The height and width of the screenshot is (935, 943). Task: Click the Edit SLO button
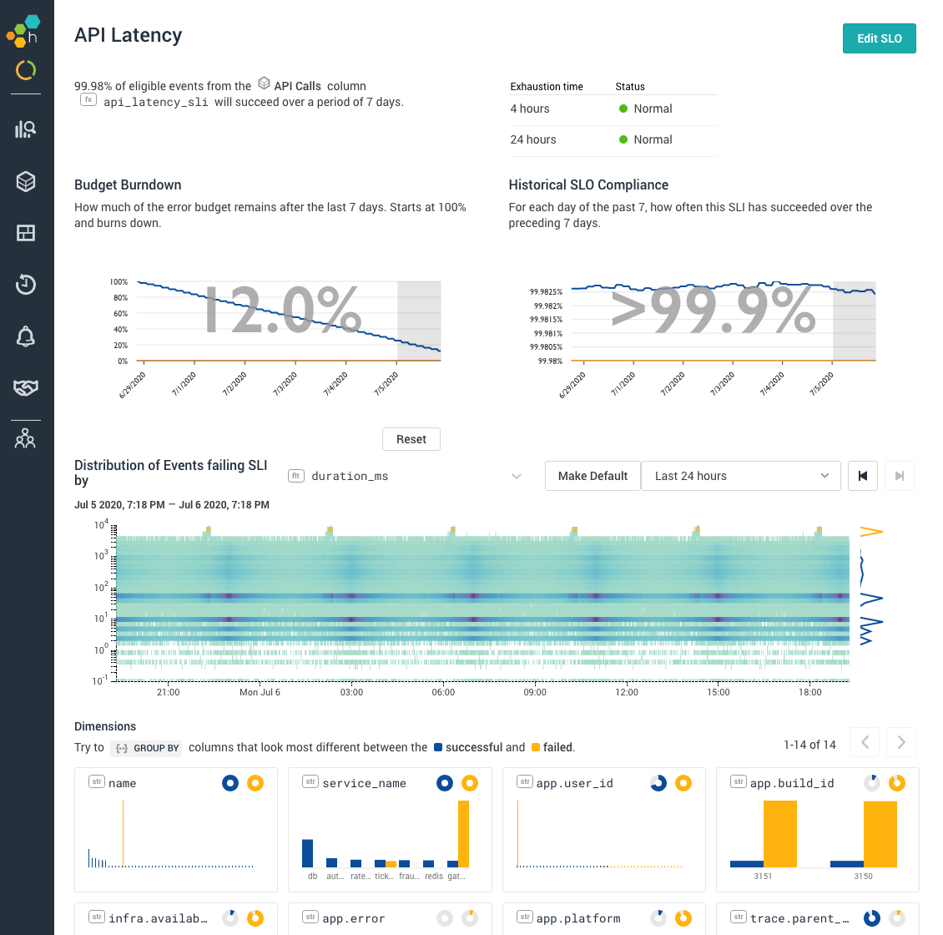879,38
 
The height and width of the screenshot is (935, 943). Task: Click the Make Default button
593,476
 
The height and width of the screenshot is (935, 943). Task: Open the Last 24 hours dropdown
740,476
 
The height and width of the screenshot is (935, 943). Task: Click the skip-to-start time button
863,476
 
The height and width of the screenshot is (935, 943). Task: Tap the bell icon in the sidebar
26,336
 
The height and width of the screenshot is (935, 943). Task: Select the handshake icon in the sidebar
26,387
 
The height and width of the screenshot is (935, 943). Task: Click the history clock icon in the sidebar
26,285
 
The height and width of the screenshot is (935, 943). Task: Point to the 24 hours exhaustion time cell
533,139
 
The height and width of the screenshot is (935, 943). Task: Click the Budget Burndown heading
128,184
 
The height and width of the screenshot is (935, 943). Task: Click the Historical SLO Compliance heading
588,184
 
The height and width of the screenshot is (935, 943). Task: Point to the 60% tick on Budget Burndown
119,314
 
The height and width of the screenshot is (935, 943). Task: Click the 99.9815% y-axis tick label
546,320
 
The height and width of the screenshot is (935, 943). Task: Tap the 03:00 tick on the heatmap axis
351,692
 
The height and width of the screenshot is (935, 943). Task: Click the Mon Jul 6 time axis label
260,692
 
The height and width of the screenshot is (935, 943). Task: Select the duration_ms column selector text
350,476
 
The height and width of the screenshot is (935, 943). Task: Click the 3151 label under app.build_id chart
763,877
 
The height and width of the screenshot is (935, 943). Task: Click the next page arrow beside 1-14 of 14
901,741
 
